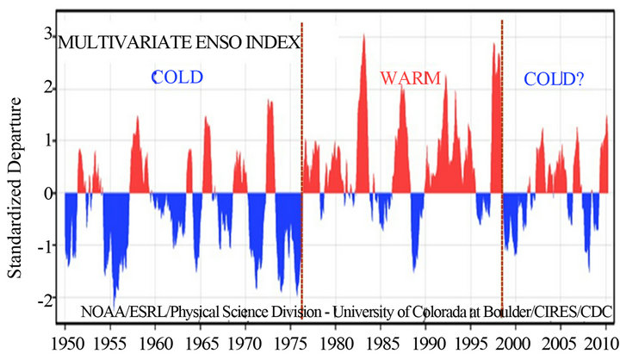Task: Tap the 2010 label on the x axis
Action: [594, 343]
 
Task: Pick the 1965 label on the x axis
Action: [201, 343]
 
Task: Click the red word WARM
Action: [411, 79]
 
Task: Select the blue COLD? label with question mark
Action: [555, 80]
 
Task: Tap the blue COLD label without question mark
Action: [178, 78]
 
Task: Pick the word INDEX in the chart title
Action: [273, 43]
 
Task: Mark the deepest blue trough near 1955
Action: [115, 303]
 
